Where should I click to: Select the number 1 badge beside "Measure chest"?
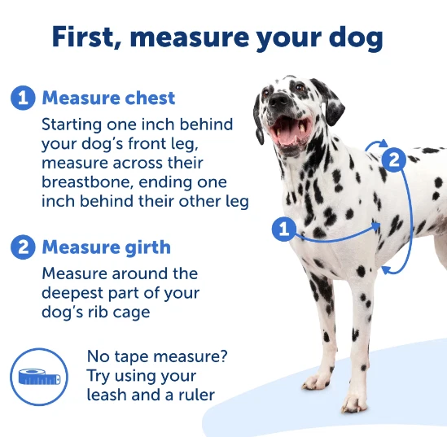[x=23, y=98]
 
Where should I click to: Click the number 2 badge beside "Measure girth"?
[x=23, y=247]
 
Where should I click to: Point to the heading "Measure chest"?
[x=108, y=98]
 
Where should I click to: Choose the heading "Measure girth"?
[x=107, y=247]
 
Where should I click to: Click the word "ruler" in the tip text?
[x=195, y=395]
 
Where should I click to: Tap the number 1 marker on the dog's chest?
[x=283, y=229]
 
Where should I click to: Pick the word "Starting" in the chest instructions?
[x=75, y=125]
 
